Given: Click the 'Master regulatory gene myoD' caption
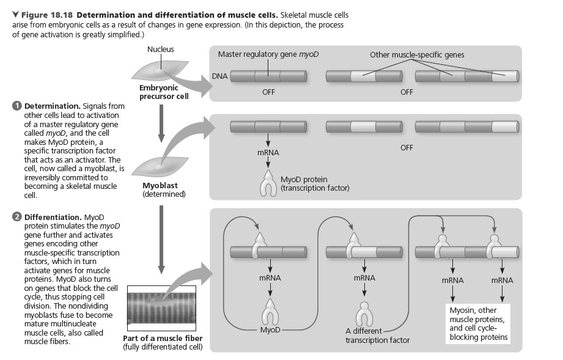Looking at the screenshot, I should click(268, 55).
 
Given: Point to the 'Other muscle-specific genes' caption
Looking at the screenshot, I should click(417, 55).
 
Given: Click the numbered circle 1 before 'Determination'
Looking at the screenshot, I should click(17, 106).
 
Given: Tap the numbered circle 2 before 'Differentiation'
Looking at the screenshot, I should click(17, 217).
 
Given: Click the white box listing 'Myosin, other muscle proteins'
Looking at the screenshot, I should click(478, 323).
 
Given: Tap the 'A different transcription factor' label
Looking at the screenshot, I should click(377, 336).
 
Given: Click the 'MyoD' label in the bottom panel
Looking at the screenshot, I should click(269, 330).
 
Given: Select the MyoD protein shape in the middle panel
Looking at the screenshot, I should click(268, 183).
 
